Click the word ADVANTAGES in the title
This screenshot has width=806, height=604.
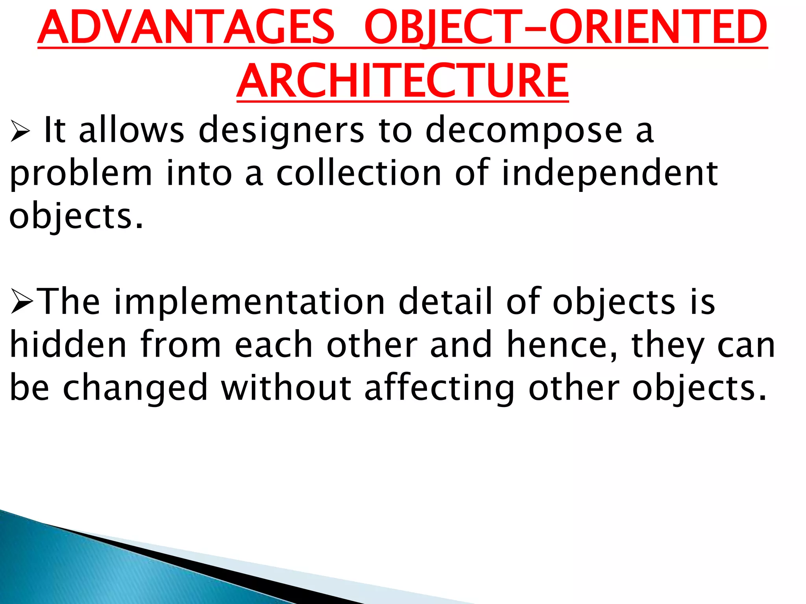[x=186, y=28]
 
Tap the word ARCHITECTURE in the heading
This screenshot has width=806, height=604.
[x=402, y=81]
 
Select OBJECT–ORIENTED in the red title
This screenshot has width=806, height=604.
[x=566, y=28]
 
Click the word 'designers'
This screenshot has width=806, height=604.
[x=281, y=131]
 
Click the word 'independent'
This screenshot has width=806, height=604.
[x=610, y=174]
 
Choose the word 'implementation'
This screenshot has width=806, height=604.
[x=249, y=302]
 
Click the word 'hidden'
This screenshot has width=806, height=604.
[x=68, y=344]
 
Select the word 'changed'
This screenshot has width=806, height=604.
[x=135, y=389]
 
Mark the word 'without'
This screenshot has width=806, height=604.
[x=286, y=388]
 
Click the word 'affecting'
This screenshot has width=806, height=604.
[x=439, y=389]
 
